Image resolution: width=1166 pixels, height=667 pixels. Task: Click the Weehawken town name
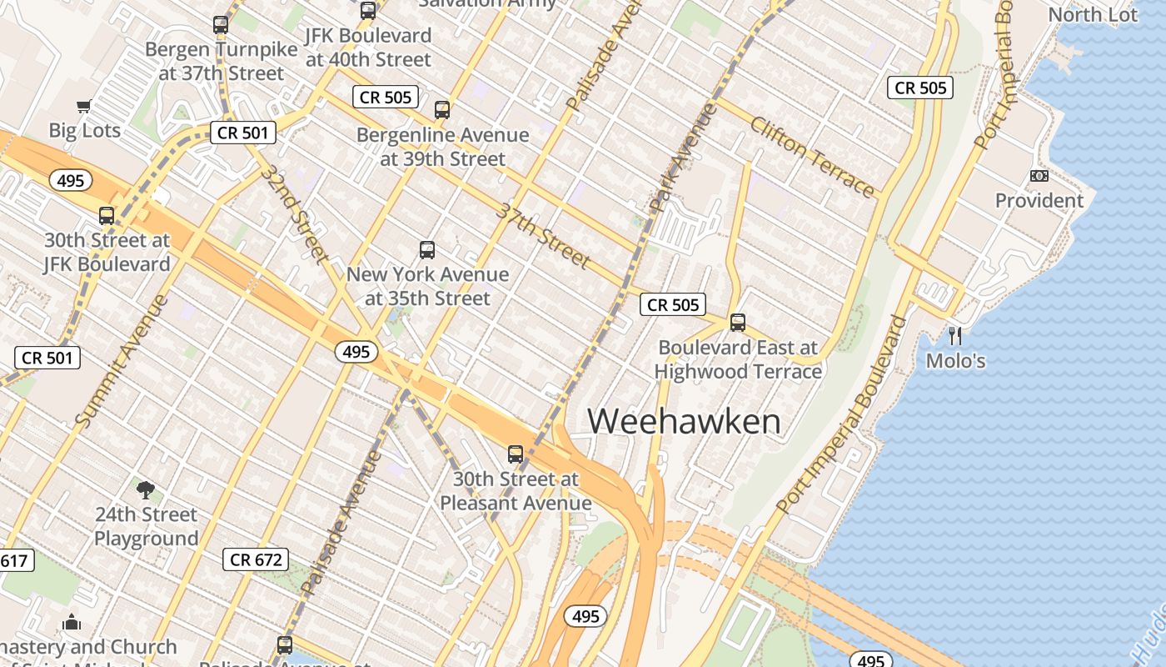pyautogui.click(x=685, y=421)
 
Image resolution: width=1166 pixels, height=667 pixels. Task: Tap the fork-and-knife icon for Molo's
pyautogui.click(x=955, y=336)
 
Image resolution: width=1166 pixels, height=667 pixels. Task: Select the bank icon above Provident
pyautogui.click(x=1039, y=176)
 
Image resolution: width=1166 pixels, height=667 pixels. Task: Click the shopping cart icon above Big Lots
pyautogui.click(x=84, y=106)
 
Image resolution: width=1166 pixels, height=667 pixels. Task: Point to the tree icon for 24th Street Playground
pyautogui.click(x=146, y=489)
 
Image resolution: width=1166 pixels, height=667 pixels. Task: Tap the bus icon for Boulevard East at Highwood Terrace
pyautogui.click(x=737, y=323)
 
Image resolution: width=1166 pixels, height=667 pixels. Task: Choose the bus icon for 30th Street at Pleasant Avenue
pyautogui.click(x=516, y=454)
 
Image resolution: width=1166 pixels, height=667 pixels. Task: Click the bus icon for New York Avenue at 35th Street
pyautogui.click(x=427, y=249)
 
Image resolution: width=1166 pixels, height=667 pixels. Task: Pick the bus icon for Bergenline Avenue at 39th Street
pyautogui.click(x=442, y=109)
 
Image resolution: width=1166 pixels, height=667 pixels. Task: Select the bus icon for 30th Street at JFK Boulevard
pyautogui.click(x=107, y=216)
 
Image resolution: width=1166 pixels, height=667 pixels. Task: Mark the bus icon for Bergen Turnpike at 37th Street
pyautogui.click(x=221, y=25)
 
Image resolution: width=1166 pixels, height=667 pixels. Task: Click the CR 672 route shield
pyautogui.click(x=256, y=559)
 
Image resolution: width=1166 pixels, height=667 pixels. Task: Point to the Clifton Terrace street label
pyautogui.click(x=812, y=157)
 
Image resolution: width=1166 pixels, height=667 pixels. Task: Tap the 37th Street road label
pyautogui.click(x=544, y=235)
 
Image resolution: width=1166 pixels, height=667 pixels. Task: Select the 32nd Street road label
pyautogui.click(x=293, y=213)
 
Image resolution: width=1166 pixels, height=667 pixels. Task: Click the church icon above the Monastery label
pyautogui.click(x=72, y=622)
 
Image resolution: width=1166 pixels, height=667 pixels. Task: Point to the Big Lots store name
pyautogui.click(x=84, y=130)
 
